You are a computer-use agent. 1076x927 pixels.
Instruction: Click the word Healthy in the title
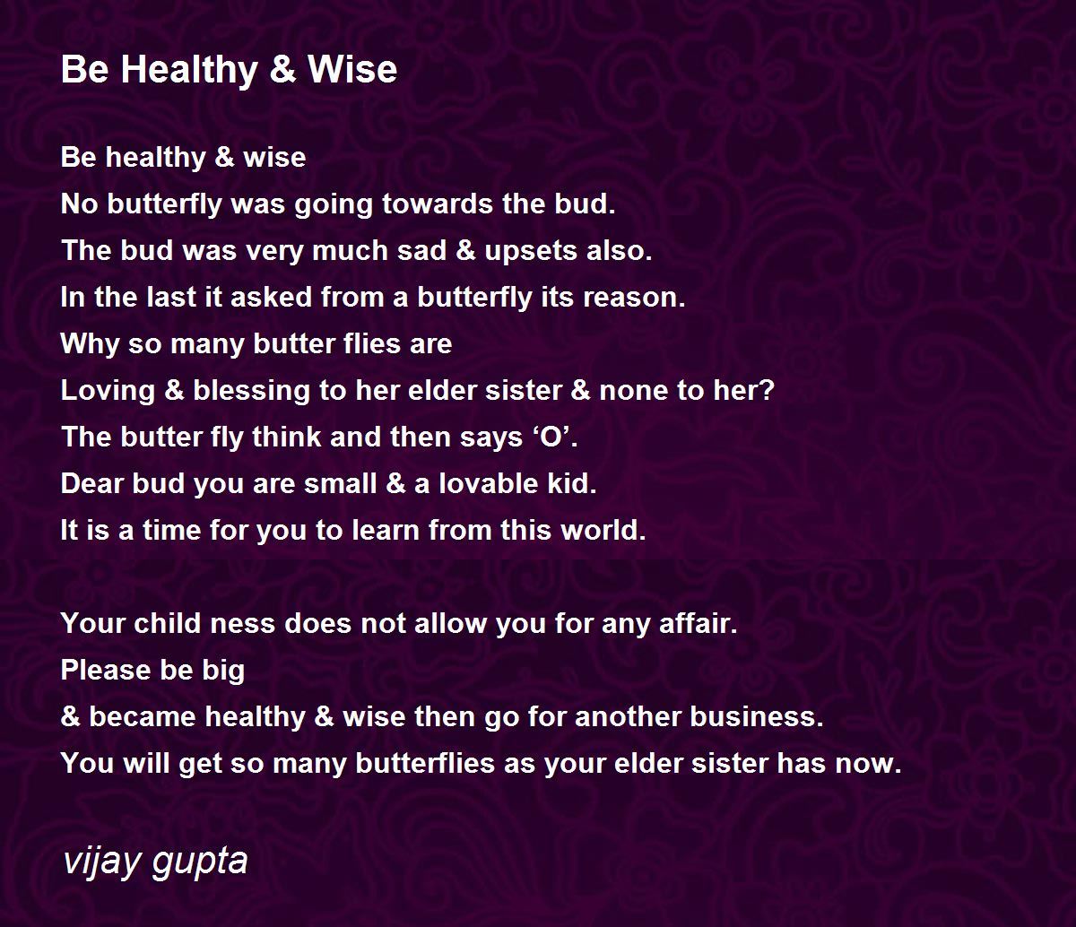tap(189, 70)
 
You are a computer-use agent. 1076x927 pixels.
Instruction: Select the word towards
tap(438, 204)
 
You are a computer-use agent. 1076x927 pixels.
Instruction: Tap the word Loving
tap(108, 392)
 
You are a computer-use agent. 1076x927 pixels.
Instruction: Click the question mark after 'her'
tap(768, 390)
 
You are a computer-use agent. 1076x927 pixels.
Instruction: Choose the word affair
tap(699, 624)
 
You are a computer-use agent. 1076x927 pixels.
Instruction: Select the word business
tap(757, 716)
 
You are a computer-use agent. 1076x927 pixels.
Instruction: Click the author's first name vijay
tap(103, 862)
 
